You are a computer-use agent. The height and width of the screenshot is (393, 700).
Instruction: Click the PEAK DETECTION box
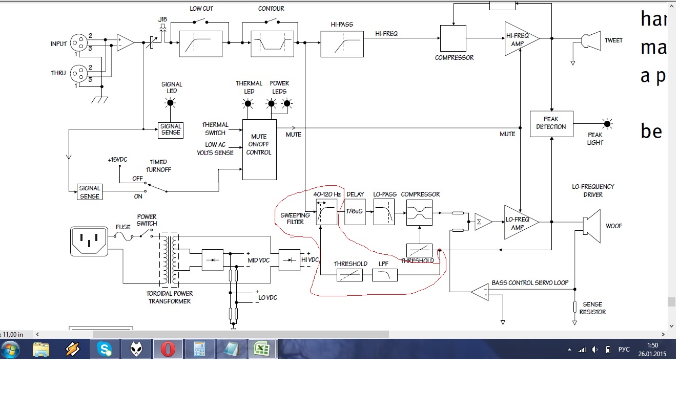tap(551, 123)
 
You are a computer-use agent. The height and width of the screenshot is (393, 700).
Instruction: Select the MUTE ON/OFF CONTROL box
tap(259, 149)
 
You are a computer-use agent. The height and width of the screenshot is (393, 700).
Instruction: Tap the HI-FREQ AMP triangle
tap(520, 38)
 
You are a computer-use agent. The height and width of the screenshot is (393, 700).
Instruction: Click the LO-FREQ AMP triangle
tap(520, 222)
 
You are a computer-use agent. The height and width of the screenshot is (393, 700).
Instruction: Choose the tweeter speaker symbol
tap(590, 40)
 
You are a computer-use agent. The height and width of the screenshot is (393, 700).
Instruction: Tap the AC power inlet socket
tap(89, 242)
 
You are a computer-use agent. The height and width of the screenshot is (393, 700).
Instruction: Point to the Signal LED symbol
tap(171, 102)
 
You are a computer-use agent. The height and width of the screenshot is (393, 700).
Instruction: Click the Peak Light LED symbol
tap(607, 124)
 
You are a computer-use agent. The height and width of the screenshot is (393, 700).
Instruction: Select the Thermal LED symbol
tap(249, 103)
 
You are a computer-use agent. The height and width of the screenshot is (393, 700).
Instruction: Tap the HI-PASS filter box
tap(342, 44)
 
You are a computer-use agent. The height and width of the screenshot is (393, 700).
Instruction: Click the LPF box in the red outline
tap(385, 275)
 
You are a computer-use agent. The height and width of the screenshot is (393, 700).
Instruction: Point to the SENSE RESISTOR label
tap(592, 308)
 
